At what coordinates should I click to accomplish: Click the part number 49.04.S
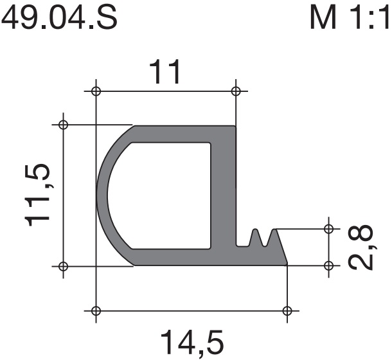tap(59, 17)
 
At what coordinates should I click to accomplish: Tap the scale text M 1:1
tap(350, 17)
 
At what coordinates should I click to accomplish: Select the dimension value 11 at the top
tap(165, 72)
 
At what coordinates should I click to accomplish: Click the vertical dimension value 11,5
tap(37, 195)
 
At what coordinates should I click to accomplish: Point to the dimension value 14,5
tap(192, 344)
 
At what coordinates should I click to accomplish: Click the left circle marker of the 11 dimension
tap(96, 91)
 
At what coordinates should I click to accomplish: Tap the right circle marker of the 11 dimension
tap(236, 91)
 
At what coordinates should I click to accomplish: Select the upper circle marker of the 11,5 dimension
tap(63, 124)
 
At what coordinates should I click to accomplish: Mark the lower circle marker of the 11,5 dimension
tap(63, 266)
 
